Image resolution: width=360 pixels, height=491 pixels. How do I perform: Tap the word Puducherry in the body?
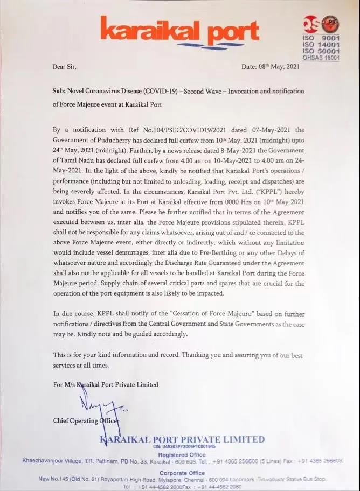tap(114, 139)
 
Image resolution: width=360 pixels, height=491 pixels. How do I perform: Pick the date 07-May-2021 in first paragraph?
tap(257, 129)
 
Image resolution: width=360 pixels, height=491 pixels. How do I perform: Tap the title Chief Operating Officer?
tap(86, 420)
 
